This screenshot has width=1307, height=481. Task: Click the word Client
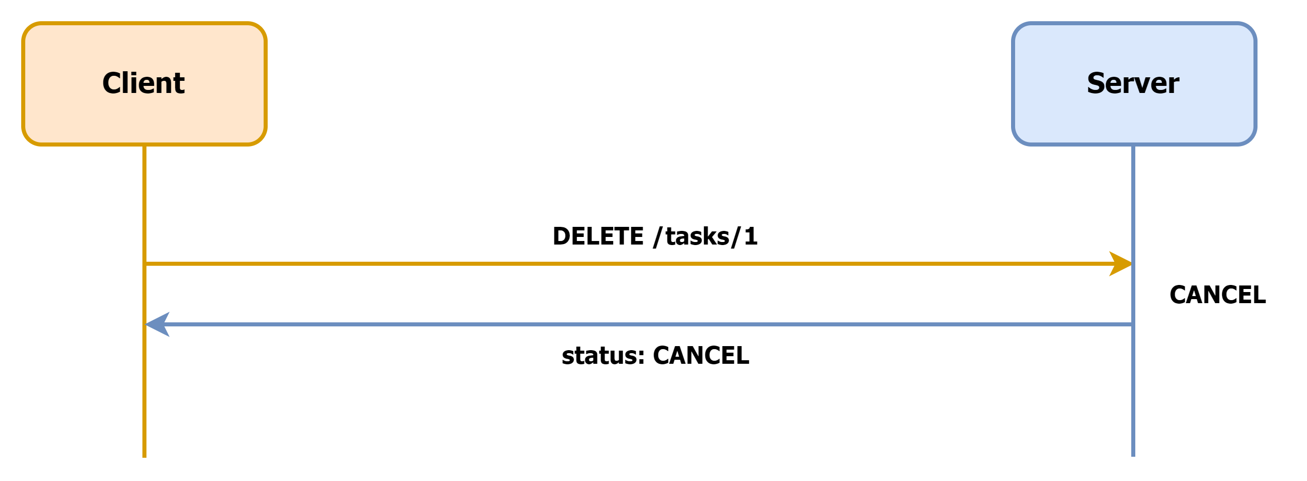pos(143,83)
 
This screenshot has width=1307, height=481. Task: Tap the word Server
pos(1132,83)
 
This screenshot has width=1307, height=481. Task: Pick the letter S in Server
pos(1096,83)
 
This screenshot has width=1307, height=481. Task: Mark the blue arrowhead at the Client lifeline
pos(157,324)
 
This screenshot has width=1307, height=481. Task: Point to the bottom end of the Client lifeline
pos(144,456)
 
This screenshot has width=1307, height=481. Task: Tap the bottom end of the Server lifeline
pos(1133,455)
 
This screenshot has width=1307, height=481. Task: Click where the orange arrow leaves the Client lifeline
pos(145,264)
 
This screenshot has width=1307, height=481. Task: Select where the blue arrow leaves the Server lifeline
pos(1132,324)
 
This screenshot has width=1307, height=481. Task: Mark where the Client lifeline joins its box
pos(144,146)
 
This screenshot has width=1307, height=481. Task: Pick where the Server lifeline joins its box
pos(1133,146)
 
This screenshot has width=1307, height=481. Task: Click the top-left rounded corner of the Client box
pos(28,28)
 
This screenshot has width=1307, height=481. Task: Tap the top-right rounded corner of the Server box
pos(1250,28)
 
